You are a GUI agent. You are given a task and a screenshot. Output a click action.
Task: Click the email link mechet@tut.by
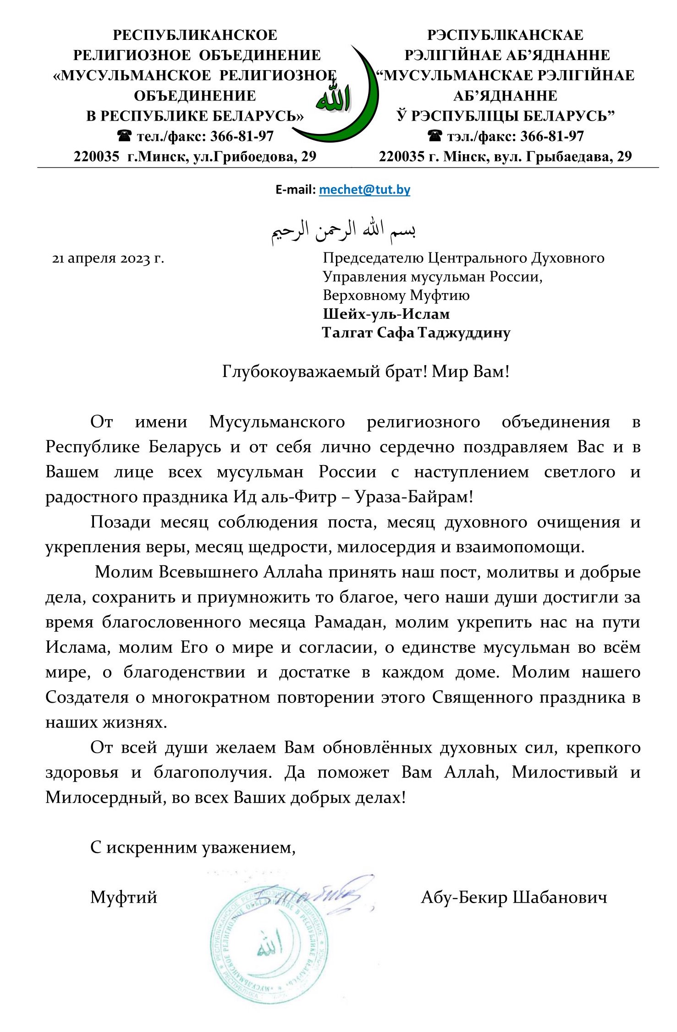click(x=364, y=189)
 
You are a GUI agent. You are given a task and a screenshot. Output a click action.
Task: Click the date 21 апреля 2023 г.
click(x=108, y=259)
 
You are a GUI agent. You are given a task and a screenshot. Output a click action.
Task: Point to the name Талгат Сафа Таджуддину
click(x=416, y=333)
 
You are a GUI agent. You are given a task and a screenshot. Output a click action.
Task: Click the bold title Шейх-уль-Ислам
click(x=386, y=314)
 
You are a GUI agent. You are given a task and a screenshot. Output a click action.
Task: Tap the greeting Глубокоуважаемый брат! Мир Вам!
click(x=366, y=371)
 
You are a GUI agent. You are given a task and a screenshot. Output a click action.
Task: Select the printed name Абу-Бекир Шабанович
click(x=514, y=897)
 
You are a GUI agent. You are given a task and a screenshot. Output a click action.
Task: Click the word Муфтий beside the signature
click(x=123, y=897)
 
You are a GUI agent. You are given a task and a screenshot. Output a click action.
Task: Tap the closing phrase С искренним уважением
click(x=193, y=847)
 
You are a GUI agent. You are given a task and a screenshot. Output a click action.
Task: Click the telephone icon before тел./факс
click(x=124, y=136)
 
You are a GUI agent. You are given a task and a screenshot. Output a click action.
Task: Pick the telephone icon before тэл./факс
click(x=434, y=136)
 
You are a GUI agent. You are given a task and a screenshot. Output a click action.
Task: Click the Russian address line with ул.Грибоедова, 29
click(x=195, y=156)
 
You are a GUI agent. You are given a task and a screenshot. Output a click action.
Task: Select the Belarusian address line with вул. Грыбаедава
click(x=505, y=156)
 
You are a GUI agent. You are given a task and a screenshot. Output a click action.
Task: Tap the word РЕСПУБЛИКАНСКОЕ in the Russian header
click(x=195, y=35)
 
